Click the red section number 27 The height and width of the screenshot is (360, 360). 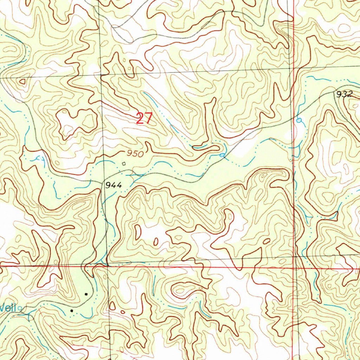(x=144, y=118)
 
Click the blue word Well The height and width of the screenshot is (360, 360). (x=8, y=308)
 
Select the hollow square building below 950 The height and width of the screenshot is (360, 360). (x=123, y=163)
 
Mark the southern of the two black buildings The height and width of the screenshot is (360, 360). (x=72, y=311)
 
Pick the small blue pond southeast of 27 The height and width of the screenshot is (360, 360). (x=222, y=155)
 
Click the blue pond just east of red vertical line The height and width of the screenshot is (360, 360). (x=299, y=121)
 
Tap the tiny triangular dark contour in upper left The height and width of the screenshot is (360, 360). (x=22, y=82)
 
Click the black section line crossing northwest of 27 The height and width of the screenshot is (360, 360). (x=101, y=75)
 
